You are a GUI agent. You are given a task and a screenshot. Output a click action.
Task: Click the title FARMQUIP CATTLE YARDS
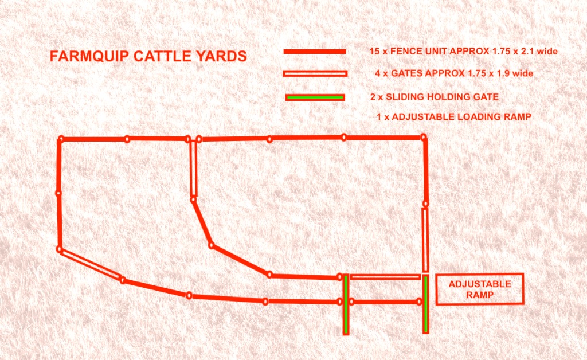148,57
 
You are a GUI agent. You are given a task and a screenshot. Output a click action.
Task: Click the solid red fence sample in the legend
315,52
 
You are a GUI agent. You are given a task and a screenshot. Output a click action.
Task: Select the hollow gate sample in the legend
315,73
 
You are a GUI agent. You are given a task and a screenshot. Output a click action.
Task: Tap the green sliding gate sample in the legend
315,97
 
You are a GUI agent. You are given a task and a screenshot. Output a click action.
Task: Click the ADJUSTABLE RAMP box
480,289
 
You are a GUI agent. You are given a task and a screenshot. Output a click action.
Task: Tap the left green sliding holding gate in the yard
346,304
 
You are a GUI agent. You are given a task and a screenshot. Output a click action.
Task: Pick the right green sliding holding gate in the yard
425,304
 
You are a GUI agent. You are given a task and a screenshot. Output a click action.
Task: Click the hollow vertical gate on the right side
425,240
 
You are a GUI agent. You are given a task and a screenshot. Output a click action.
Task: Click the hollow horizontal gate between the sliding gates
385,277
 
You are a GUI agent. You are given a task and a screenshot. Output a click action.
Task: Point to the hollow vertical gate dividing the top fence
193,170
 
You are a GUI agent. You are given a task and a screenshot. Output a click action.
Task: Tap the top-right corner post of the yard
424,136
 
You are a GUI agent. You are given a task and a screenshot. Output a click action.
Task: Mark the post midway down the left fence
58,193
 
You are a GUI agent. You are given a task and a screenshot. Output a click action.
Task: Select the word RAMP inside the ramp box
480,295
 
